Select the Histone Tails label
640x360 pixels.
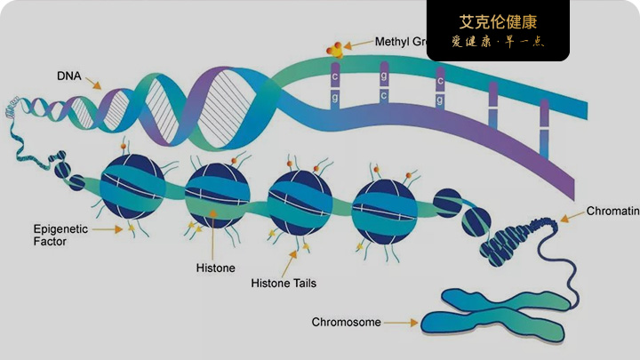coord(284,284)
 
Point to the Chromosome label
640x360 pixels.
coord(347,322)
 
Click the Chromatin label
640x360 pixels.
coord(612,212)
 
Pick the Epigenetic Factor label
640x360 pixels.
coord(60,235)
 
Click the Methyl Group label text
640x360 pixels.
coord(401,42)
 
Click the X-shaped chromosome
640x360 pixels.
coord(493,314)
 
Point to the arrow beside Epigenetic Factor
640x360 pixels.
coord(108,229)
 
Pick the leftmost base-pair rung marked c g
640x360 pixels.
coord(336,86)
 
